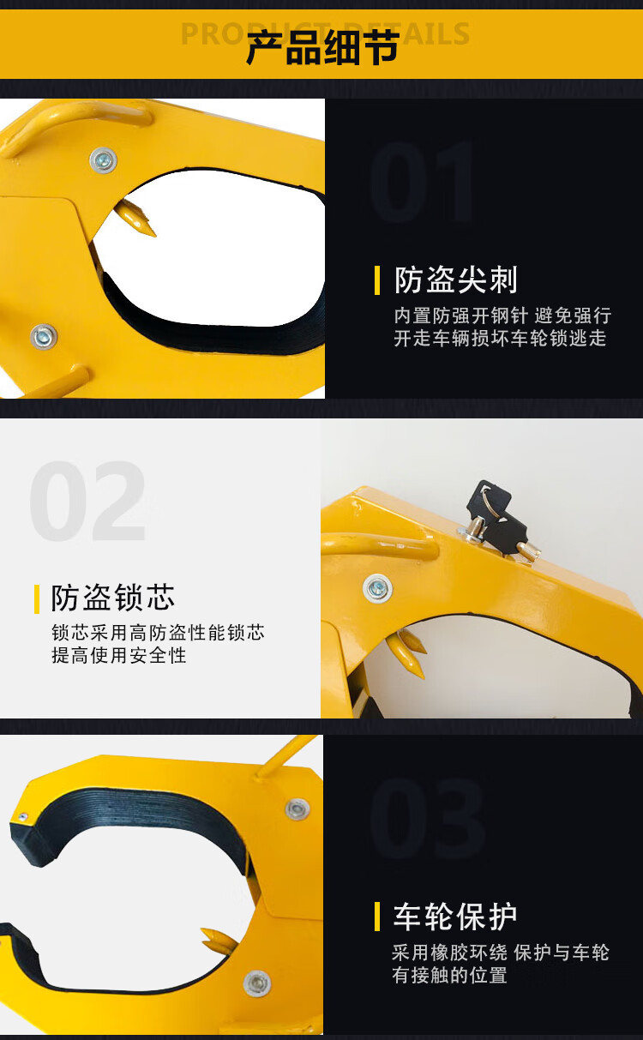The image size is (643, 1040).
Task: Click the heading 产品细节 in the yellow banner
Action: pyautogui.click(x=322, y=47)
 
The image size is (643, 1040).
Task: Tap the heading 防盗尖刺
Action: pyautogui.click(x=455, y=280)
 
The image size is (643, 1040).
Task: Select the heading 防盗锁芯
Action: pyautogui.click(x=113, y=598)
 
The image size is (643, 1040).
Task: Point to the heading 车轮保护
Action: pyautogui.click(x=455, y=917)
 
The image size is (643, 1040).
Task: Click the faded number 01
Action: pyautogui.click(x=422, y=182)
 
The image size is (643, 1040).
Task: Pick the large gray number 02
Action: pyautogui.click(x=87, y=501)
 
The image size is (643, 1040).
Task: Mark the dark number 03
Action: pyautogui.click(x=427, y=819)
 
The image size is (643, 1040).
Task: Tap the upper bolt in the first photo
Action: pyautogui.click(x=103, y=160)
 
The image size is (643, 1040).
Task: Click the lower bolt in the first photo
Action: pyautogui.click(x=44, y=337)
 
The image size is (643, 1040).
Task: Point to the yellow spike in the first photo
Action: pyautogui.click(x=135, y=219)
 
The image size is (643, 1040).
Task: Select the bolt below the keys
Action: pyautogui.click(x=377, y=589)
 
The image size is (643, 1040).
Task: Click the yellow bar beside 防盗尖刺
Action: pyautogui.click(x=377, y=280)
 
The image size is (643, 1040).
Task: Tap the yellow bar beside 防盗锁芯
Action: pyautogui.click(x=37, y=599)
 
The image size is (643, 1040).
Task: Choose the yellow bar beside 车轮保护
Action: pyautogui.click(x=377, y=917)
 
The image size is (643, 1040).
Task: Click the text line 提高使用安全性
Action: pyautogui.click(x=119, y=655)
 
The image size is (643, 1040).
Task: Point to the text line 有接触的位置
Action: pyautogui.click(x=449, y=975)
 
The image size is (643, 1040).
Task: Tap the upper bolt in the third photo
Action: pyautogui.click(x=297, y=809)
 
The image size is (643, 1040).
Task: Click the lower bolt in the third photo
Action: pyautogui.click(x=257, y=983)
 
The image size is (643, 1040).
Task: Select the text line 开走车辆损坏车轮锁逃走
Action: pyautogui.click(x=500, y=338)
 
